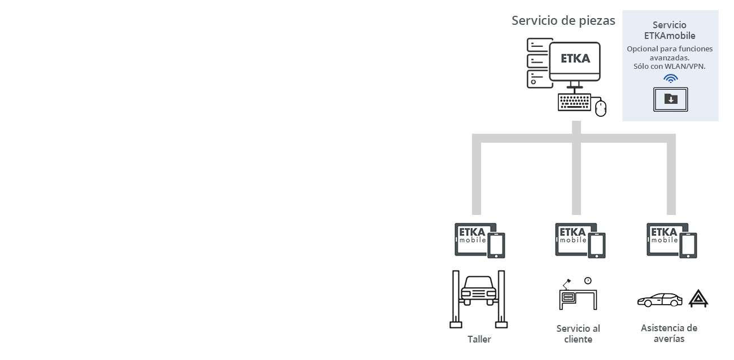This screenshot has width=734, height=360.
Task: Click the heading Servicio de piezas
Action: (563, 21)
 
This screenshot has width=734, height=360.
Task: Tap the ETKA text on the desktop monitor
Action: (575, 59)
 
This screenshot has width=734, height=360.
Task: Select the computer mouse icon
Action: (601, 108)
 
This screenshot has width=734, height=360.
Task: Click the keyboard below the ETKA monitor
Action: (574, 103)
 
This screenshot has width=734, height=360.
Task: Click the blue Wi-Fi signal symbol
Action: (670, 78)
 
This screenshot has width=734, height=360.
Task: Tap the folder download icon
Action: (670, 99)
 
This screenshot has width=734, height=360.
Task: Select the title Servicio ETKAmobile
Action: (670, 30)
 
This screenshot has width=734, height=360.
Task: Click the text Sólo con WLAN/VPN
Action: (669, 67)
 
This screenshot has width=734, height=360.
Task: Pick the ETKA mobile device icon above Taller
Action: (480, 240)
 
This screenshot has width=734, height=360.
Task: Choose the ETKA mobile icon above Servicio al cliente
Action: (580, 240)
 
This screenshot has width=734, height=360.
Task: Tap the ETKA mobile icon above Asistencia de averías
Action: (672, 240)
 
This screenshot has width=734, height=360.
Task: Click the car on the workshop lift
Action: (479, 291)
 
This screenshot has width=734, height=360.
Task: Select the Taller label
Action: (479, 339)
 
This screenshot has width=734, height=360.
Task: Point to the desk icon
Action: (578, 300)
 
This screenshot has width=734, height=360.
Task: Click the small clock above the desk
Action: (588, 281)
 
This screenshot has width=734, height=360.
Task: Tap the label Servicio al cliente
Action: (578, 334)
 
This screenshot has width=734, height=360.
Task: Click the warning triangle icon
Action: (698, 298)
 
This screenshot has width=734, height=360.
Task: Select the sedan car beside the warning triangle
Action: (660, 300)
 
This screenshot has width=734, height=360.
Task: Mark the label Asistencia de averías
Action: (669, 333)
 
